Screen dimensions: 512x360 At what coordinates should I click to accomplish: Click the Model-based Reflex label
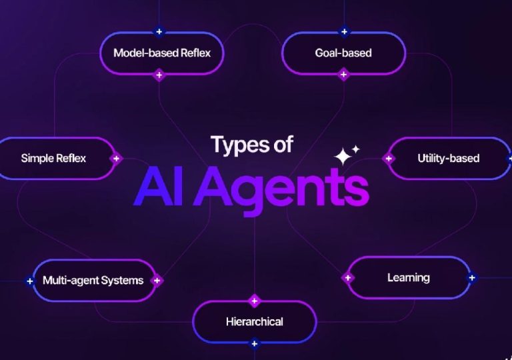click(162, 53)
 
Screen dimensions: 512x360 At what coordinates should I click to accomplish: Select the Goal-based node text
click(343, 53)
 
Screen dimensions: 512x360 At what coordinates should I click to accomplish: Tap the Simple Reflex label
click(53, 159)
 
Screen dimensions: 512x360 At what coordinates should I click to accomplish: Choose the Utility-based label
click(448, 159)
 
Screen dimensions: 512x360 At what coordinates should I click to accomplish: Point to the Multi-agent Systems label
click(93, 280)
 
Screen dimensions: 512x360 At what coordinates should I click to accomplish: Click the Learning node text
click(409, 278)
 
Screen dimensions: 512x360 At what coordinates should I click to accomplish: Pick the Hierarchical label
click(255, 322)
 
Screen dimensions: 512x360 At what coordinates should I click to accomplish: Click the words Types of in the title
click(252, 145)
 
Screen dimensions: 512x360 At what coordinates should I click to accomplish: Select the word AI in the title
click(158, 186)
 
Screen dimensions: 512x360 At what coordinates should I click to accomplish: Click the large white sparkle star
click(343, 157)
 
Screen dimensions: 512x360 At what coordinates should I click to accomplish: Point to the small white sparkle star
click(355, 149)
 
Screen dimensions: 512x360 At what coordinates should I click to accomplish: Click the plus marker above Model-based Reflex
click(159, 32)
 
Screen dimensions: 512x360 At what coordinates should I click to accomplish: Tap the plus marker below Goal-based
click(343, 75)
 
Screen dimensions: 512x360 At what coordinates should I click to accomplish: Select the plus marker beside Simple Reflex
click(116, 159)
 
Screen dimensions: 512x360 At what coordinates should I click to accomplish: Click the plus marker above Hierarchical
click(255, 301)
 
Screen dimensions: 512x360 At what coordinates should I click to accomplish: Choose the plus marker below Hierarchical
click(255, 343)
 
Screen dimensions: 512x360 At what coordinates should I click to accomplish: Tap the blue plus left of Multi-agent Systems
click(30, 281)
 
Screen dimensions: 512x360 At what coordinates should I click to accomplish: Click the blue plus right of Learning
click(472, 278)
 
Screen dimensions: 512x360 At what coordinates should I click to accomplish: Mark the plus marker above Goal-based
click(344, 32)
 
